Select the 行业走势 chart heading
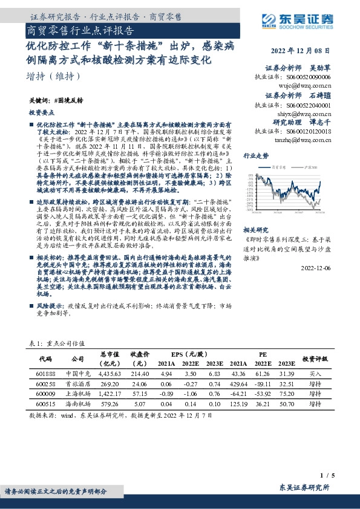coord(255,156)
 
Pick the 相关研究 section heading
coord(255,214)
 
